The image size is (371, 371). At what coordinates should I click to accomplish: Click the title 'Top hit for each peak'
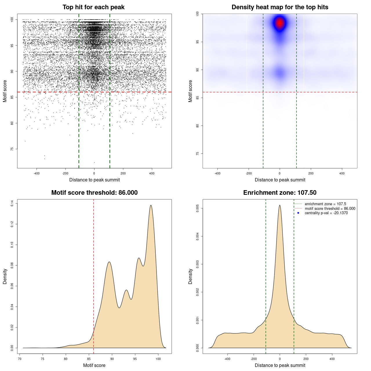click(x=93, y=7)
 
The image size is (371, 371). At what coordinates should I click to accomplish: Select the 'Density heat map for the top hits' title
click(x=280, y=7)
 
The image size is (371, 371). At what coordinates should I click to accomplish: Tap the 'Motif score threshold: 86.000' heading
click(x=94, y=193)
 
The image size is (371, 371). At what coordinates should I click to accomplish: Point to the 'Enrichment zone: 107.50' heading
click(x=280, y=193)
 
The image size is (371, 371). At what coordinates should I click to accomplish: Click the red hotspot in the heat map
click(x=280, y=23)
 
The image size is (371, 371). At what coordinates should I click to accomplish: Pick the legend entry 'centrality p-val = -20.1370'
click(x=326, y=213)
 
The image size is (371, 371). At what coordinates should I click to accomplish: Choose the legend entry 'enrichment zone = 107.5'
click(x=325, y=204)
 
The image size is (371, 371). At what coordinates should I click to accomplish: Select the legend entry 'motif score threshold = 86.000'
click(x=330, y=208)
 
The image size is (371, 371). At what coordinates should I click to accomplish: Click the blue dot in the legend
click(x=298, y=213)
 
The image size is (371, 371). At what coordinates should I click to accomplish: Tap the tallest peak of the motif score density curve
click(x=151, y=205)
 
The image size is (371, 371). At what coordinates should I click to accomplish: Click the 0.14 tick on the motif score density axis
click(x=12, y=203)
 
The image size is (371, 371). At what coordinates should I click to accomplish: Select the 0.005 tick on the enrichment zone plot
click(x=197, y=208)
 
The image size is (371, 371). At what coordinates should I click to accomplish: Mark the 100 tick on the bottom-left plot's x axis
click(x=158, y=359)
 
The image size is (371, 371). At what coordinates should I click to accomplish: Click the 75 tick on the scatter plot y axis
click(x=12, y=149)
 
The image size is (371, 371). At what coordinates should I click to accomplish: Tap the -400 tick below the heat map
click(x=217, y=173)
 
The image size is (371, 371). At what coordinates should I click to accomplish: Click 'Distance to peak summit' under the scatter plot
click(x=94, y=180)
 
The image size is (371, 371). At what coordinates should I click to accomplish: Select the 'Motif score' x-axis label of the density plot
click(x=94, y=365)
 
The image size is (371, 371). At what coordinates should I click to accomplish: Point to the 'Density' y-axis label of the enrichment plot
click(x=190, y=276)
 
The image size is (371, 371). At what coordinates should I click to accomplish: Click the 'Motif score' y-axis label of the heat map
click(x=190, y=91)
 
